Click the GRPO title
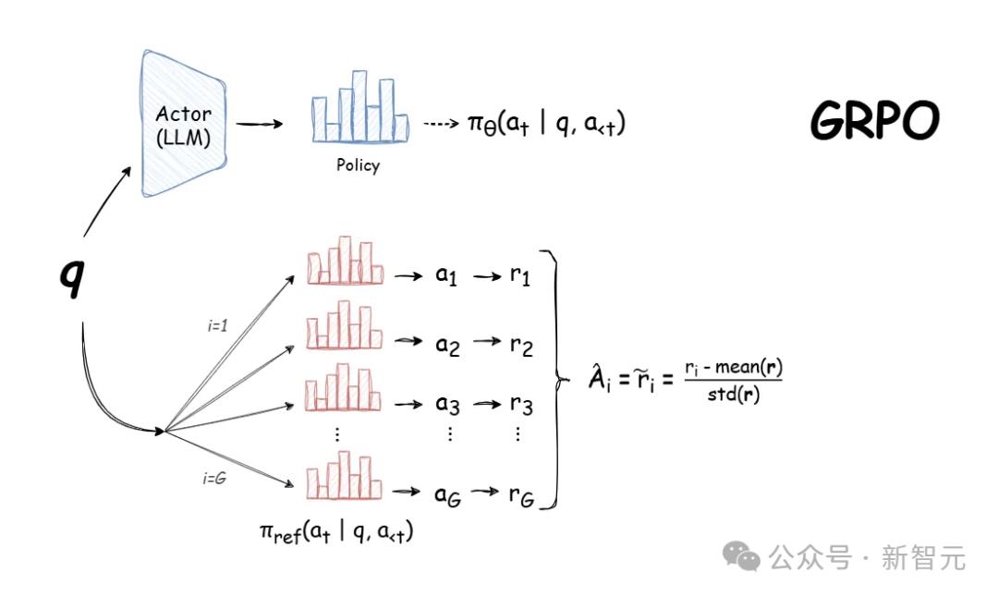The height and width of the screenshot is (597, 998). point(874,120)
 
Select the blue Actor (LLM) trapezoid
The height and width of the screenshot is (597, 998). point(183,124)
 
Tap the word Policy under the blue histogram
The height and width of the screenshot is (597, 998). point(358,165)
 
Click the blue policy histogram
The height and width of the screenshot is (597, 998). point(359,106)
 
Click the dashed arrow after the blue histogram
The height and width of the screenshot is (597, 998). point(441,124)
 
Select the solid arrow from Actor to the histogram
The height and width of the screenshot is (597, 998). point(259,124)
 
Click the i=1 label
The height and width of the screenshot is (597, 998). point(217,326)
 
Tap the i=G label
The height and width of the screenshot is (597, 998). point(214,478)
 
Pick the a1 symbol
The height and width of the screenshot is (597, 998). point(446,275)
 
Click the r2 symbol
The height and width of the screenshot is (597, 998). point(521,346)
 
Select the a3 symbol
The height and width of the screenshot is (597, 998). point(447,404)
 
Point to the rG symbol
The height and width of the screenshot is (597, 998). point(521,495)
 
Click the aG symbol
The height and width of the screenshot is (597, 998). point(447,495)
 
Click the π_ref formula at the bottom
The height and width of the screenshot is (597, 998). point(336,532)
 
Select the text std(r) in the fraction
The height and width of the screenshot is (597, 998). point(733,395)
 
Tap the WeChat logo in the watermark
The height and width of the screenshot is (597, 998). point(741,555)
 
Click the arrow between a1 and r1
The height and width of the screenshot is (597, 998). point(487,276)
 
